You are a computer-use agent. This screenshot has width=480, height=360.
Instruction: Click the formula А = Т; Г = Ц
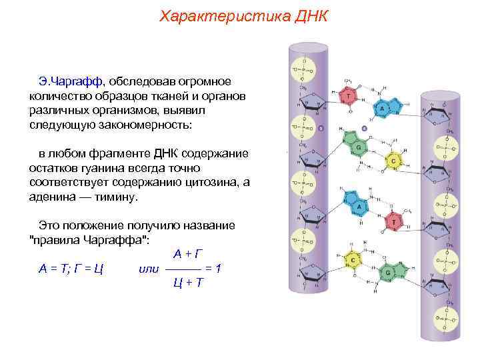[70, 269]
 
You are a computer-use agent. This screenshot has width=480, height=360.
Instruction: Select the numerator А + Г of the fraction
[189, 254]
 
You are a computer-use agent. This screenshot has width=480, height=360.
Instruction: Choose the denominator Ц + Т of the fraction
[189, 283]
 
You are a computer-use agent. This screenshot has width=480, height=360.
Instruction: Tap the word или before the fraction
[147, 269]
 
